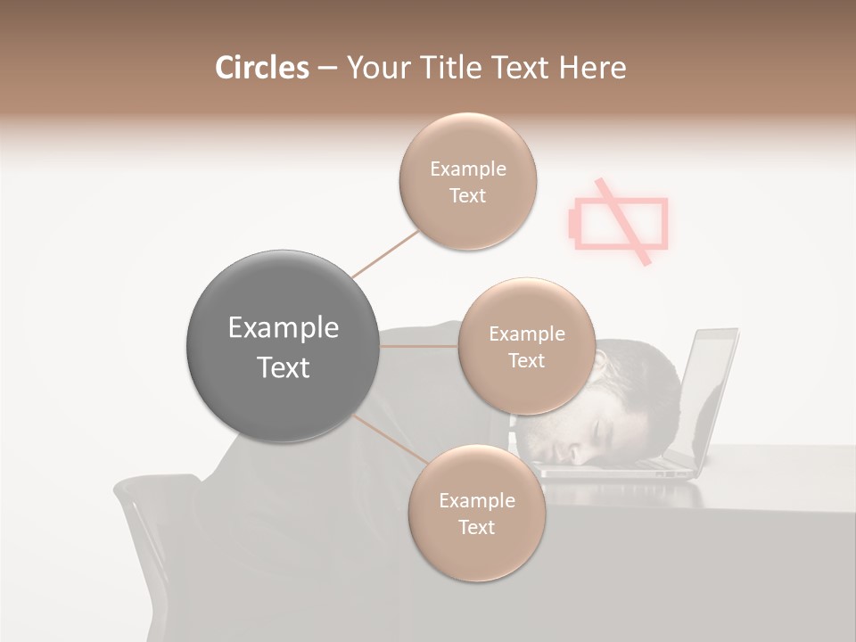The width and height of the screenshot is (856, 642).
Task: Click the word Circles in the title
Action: tap(261, 68)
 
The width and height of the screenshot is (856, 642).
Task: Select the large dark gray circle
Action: tap(283, 346)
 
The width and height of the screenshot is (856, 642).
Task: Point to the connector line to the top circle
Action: tap(386, 254)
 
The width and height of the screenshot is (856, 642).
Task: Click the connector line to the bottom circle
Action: tap(390, 440)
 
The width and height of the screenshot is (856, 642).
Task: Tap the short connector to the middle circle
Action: tap(419, 345)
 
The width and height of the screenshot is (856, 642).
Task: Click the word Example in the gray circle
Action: tap(283, 327)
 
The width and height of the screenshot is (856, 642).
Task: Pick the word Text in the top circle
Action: tap(467, 195)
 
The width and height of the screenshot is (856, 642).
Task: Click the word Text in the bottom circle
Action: tap(476, 527)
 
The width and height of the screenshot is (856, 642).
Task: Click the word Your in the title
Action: tap(377, 68)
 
